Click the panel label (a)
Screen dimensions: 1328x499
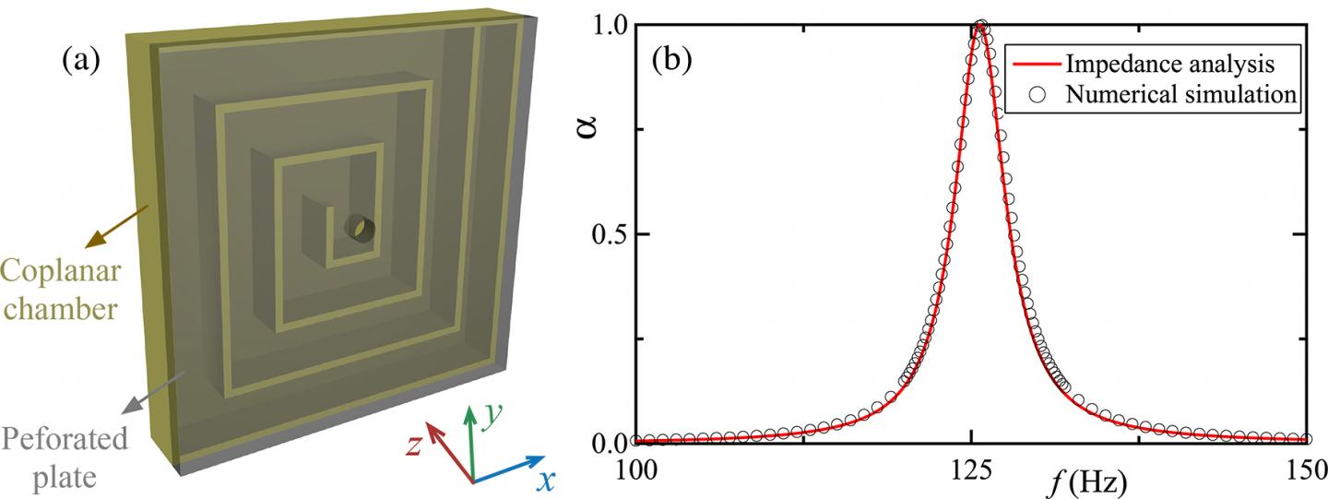[x=81, y=61]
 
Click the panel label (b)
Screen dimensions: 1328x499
[x=671, y=61]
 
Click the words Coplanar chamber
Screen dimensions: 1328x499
[x=61, y=290]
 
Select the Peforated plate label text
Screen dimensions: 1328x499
[x=65, y=457]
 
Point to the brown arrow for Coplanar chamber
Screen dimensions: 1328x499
[x=117, y=226]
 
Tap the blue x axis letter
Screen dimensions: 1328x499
[x=545, y=481]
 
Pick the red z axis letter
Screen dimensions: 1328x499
[x=414, y=445]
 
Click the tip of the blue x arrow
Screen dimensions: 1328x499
[x=545, y=457]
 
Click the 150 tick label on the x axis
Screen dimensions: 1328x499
[x=1306, y=470]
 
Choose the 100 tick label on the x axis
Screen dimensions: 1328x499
[x=634, y=470]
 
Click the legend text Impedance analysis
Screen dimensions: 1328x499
[x=1169, y=64]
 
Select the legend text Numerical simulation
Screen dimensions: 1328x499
[x=1180, y=95]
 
